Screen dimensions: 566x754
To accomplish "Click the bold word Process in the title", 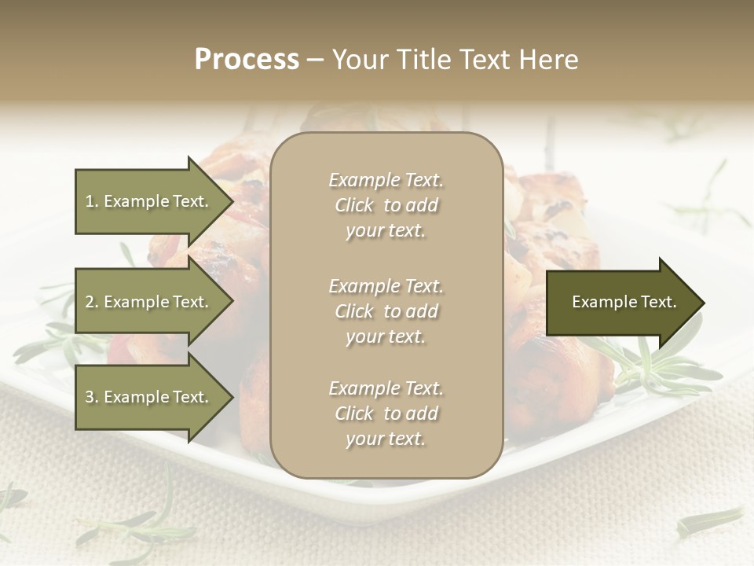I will [x=247, y=60].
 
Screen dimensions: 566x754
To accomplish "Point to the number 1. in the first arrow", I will [x=92, y=201].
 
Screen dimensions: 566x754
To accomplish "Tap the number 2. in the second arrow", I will [x=92, y=302].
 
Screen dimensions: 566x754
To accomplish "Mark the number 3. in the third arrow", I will [x=92, y=397].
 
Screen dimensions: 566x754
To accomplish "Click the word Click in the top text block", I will [x=354, y=206].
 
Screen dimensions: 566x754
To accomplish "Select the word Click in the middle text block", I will [x=354, y=312].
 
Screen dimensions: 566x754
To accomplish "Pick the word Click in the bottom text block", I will [x=354, y=414].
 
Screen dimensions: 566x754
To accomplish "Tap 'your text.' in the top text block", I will [x=386, y=231].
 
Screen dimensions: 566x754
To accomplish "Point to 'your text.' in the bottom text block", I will [x=386, y=439].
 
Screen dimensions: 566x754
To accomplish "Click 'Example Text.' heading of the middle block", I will [x=386, y=286].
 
